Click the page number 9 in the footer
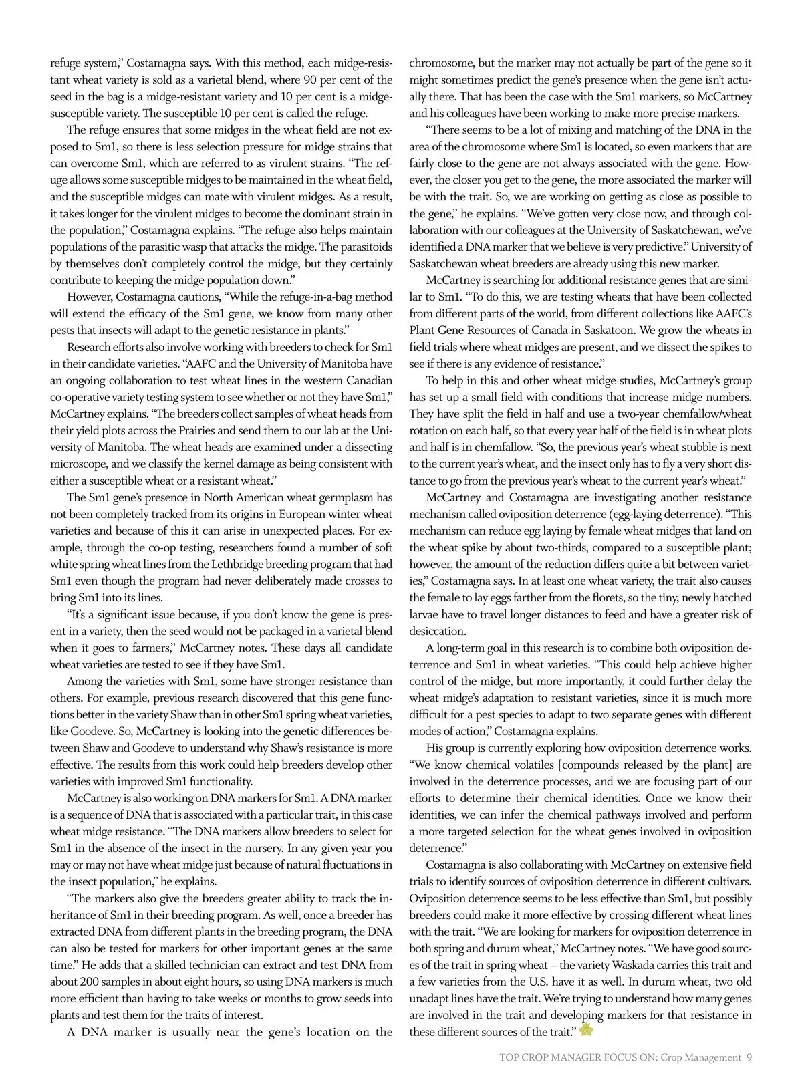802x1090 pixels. tap(749, 1057)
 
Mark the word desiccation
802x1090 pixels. tap(437, 631)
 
